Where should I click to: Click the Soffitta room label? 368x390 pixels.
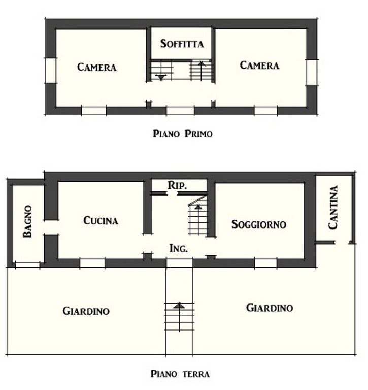coord(182,44)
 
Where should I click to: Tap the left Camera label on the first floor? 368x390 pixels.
coord(97,67)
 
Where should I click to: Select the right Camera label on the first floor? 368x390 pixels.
coord(259,65)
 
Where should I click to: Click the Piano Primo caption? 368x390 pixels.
coord(183,134)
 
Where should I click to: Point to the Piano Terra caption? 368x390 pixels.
coord(180,374)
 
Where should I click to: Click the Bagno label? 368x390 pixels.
coord(27,221)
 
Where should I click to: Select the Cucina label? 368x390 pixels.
coord(101,220)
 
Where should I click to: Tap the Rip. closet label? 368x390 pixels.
coord(177,185)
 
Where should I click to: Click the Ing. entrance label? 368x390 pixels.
coord(178,248)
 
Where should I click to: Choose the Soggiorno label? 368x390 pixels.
coord(259,224)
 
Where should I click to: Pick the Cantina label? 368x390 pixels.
coord(333,207)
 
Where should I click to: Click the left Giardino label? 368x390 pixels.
coord(86,311)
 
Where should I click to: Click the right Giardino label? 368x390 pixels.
coord(270,308)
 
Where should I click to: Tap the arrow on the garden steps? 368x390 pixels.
coord(179,305)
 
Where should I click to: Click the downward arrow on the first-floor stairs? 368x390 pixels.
coord(161,78)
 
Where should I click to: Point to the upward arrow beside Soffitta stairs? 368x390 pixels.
coord(202,63)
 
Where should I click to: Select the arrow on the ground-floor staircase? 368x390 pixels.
coord(198,207)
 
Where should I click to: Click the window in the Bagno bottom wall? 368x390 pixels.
coord(27,265)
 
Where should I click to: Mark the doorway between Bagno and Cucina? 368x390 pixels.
coord(51,227)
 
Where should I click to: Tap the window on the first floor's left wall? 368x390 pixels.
coord(51,71)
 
